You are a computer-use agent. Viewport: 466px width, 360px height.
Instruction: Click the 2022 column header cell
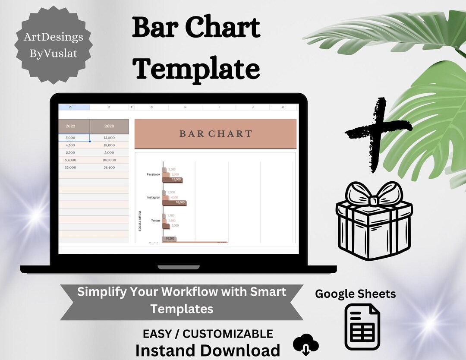[x=70, y=126]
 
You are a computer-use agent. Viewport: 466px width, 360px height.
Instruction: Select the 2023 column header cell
[x=109, y=126]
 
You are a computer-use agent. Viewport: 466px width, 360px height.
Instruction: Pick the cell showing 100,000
[x=109, y=160]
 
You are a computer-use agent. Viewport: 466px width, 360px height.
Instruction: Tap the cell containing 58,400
[x=109, y=167]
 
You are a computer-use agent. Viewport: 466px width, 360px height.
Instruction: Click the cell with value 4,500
[x=70, y=145]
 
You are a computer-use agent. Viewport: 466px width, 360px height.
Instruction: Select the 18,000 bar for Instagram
[x=175, y=202]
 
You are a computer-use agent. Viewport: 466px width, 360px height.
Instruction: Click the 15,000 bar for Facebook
[x=173, y=180]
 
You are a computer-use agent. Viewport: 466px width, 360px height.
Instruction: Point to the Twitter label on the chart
[x=155, y=221]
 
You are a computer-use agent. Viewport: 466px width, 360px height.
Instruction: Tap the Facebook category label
[x=153, y=174]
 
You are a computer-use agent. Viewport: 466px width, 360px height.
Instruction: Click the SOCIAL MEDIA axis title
[x=140, y=221]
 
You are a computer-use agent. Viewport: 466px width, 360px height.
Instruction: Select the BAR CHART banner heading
[x=215, y=134]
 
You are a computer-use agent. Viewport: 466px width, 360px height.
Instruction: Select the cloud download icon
[x=306, y=345]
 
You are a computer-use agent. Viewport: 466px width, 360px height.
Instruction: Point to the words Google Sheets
[x=355, y=294]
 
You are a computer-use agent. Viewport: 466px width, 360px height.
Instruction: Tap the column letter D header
[x=70, y=107]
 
